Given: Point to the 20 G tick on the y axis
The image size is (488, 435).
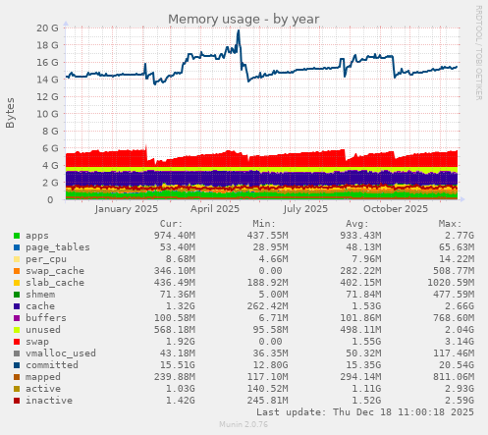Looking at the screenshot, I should [46, 28].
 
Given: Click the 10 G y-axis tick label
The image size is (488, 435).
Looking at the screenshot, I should [46, 114].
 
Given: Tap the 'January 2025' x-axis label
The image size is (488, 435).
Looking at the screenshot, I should [127, 208].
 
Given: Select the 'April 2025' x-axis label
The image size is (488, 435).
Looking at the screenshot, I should [215, 208].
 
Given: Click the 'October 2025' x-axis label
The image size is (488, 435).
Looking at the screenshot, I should [396, 208].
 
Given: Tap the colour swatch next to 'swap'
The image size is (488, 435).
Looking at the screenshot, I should [16, 339].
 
